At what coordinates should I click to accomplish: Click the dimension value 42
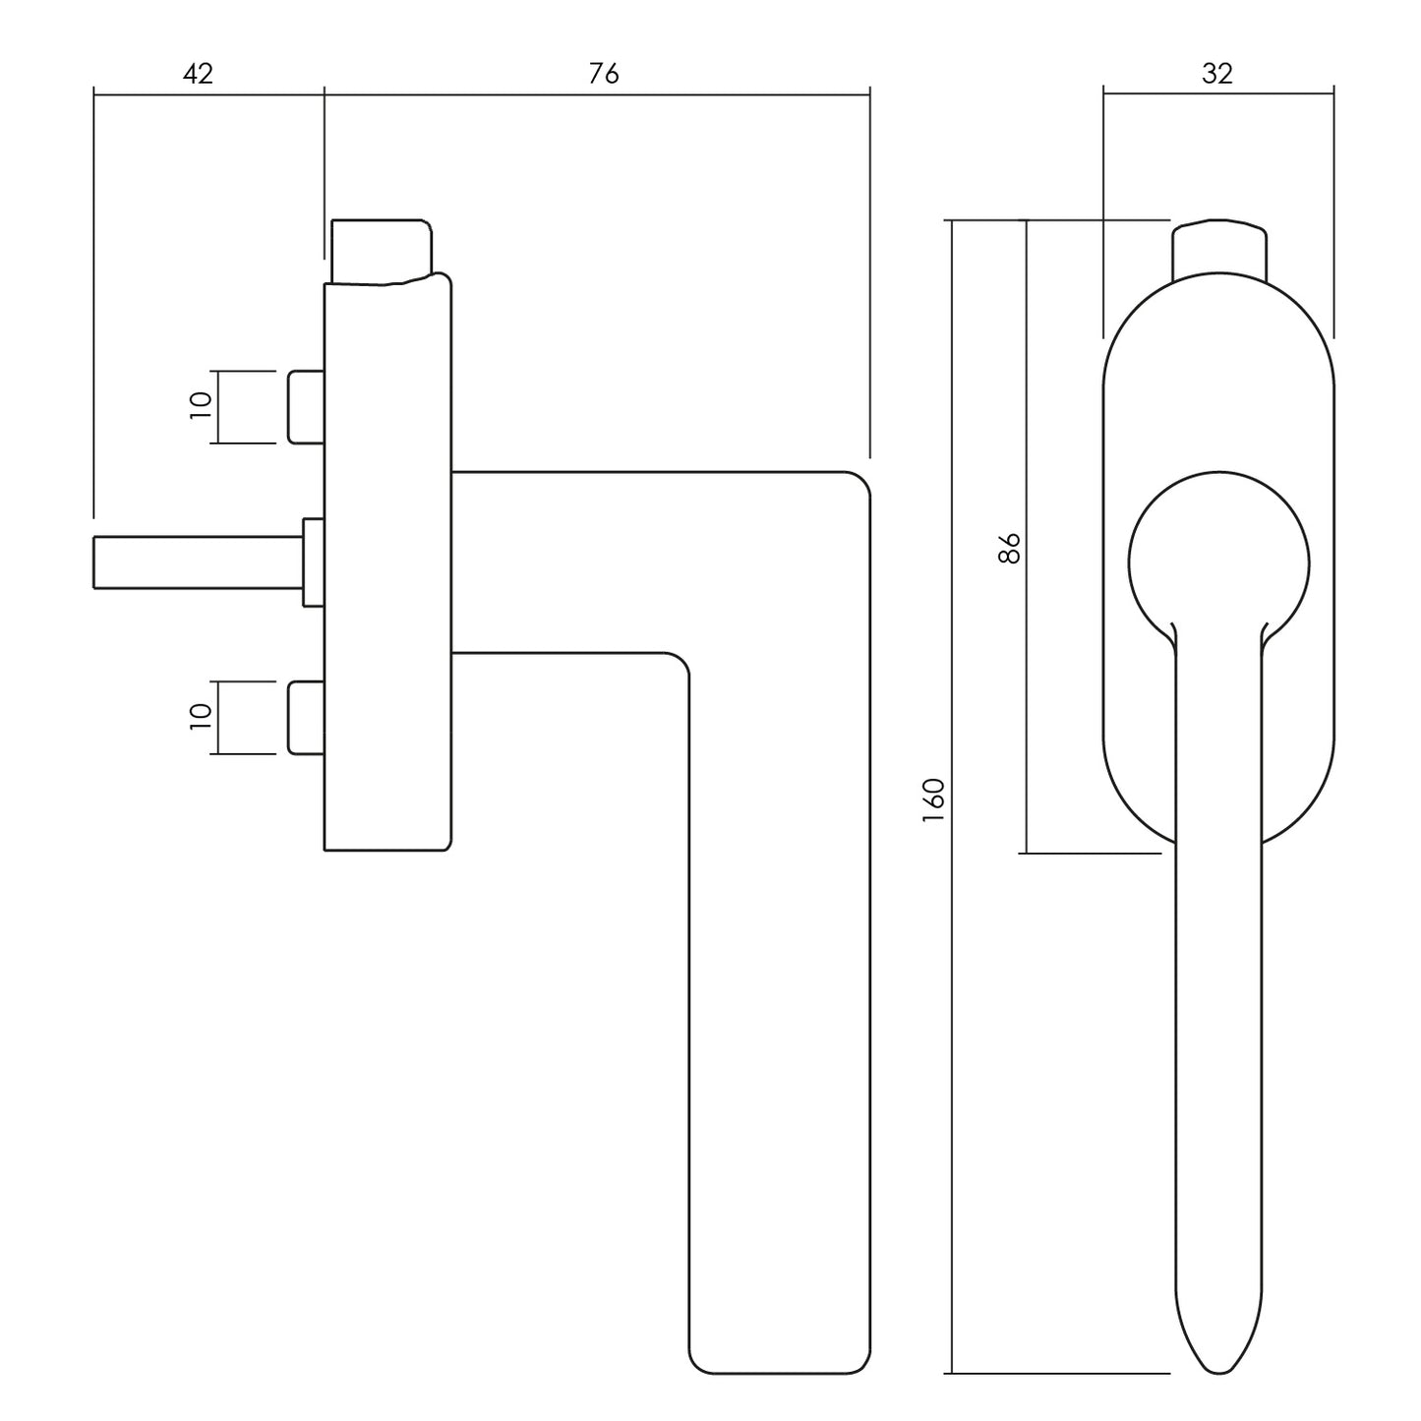point(198,74)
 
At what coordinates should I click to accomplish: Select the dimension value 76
point(604,74)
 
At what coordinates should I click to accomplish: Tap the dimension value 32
point(1216,74)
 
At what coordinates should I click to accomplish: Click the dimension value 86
point(1009,547)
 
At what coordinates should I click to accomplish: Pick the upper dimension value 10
point(201,406)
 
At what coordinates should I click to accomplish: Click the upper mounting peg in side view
point(306,406)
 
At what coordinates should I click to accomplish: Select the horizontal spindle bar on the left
point(197,562)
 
